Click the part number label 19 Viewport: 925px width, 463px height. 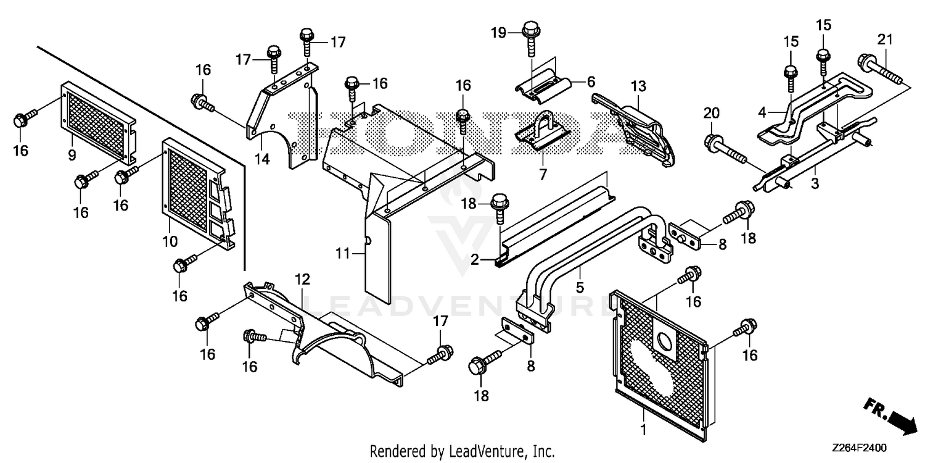click(498, 33)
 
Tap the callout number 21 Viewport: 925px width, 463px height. click(885, 40)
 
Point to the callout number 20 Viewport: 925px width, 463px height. click(712, 113)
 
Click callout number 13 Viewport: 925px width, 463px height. click(638, 86)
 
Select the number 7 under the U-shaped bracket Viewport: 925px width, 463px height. click(543, 175)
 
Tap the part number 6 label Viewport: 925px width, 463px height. click(591, 82)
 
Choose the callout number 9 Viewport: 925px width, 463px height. click(72, 156)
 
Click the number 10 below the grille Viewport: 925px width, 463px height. click(170, 241)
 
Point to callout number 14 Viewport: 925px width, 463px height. click(262, 159)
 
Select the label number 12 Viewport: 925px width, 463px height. click(302, 280)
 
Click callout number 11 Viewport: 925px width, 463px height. click(343, 253)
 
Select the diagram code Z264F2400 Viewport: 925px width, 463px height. click(860, 448)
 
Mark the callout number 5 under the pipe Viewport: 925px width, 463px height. click(580, 287)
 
